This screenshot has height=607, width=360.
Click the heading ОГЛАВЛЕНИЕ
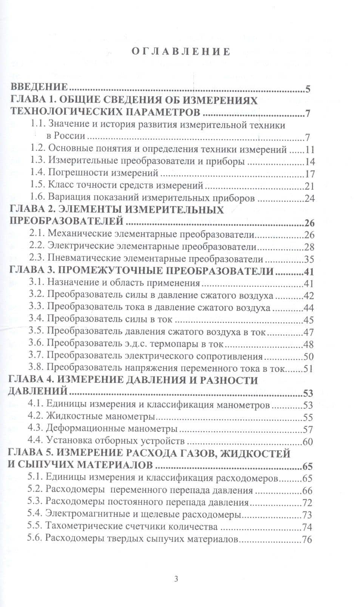pyautogui.click(x=181, y=52)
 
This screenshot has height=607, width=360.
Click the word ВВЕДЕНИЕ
pyautogui.click(x=39, y=88)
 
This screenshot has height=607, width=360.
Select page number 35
pyautogui.click(x=309, y=260)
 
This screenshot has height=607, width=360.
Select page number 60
pyautogui.click(x=308, y=441)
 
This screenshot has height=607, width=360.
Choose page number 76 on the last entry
pyautogui.click(x=307, y=539)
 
